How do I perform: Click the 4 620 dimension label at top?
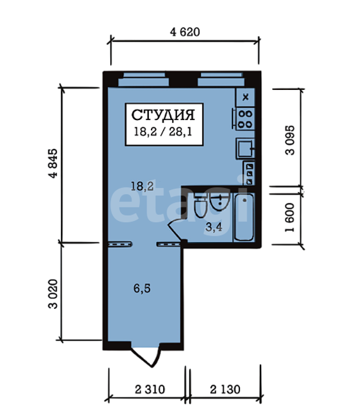(x=185, y=32)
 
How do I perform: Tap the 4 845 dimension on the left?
(x=53, y=163)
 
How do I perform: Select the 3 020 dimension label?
(x=53, y=294)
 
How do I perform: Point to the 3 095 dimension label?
(x=290, y=141)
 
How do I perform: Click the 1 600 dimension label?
(x=290, y=217)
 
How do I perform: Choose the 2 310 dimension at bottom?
(x=150, y=390)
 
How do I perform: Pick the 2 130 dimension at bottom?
(x=225, y=390)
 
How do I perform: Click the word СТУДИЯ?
(x=163, y=115)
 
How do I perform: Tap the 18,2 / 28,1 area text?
(x=163, y=132)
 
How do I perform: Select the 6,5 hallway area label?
(x=142, y=288)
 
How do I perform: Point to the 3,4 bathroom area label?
(x=214, y=227)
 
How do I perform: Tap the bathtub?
(x=244, y=217)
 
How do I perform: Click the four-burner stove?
(x=245, y=119)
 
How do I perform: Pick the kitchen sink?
(x=245, y=148)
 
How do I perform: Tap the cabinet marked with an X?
(x=245, y=97)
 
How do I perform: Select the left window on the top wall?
(x=143, y=80)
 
